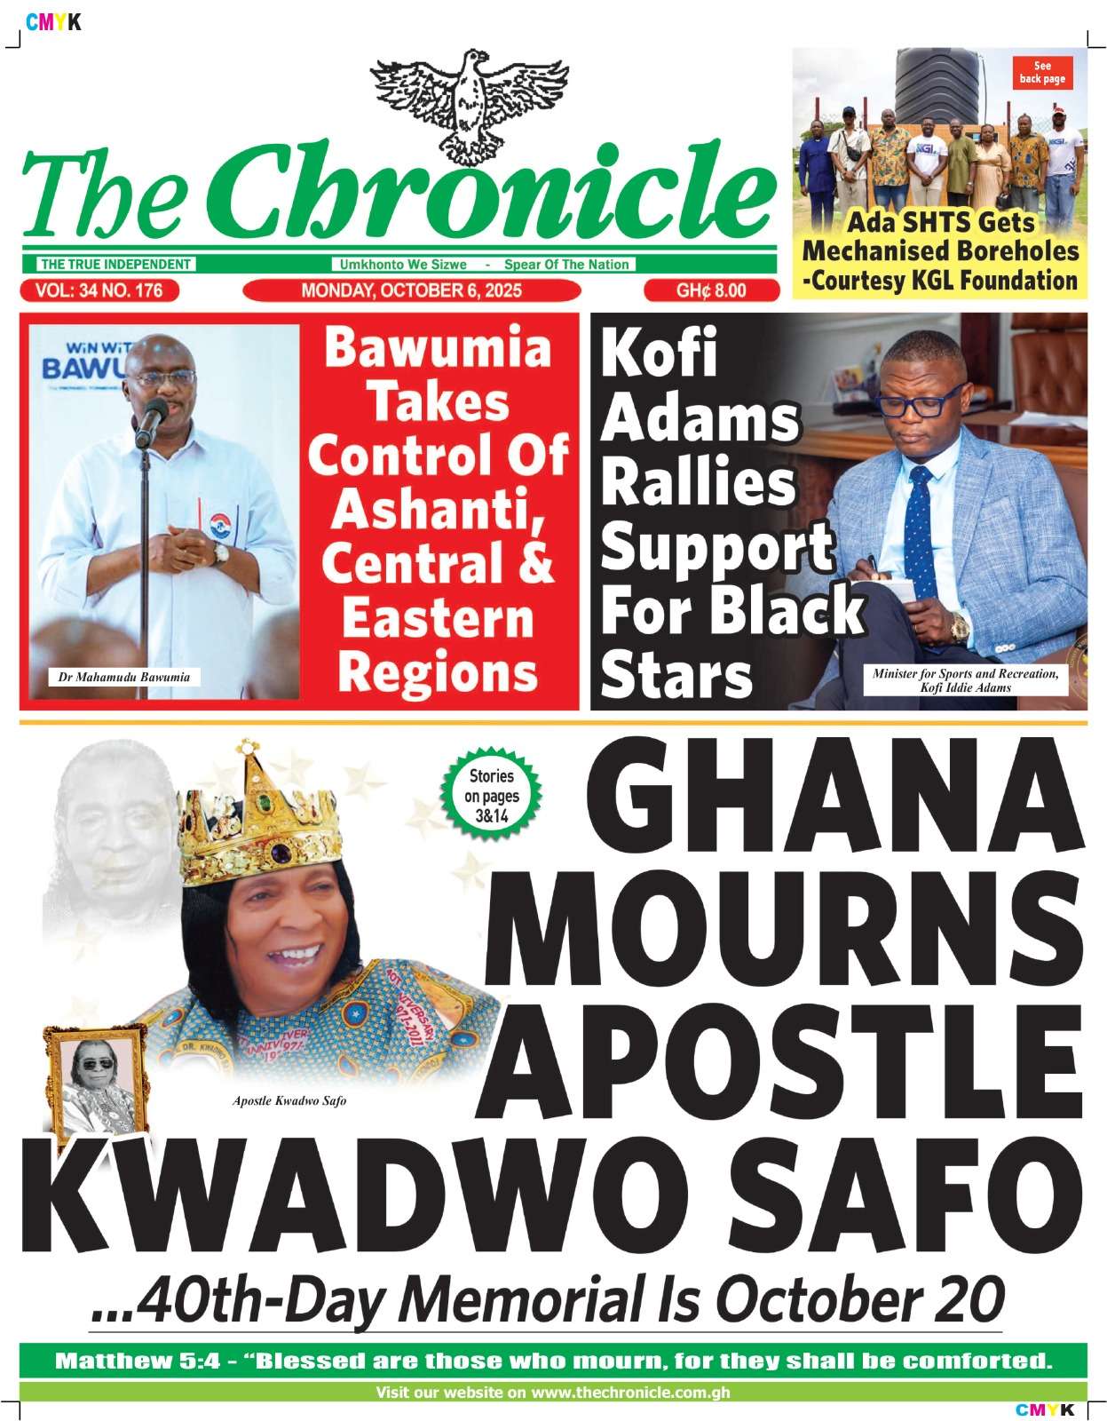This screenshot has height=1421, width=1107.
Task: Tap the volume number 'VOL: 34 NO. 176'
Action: pos(99,290)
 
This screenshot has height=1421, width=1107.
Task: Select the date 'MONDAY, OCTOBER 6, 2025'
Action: pos(411,290)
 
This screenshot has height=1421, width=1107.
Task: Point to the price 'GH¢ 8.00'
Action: pos(711,290)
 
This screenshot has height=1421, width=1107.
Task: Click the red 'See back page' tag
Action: pos(1042,73)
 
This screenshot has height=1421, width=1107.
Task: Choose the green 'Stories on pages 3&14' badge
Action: pos(491,796)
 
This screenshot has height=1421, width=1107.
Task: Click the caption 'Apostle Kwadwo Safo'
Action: pos(289,1101)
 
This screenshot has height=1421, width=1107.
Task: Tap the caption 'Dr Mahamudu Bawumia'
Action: pos(124,678)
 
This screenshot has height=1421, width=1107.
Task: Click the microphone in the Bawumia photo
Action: pos(152,417)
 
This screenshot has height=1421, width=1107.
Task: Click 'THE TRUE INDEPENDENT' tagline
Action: pos(115,265)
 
